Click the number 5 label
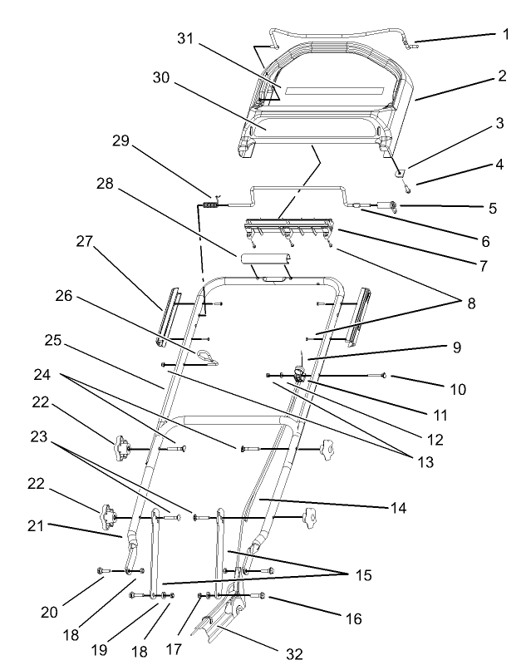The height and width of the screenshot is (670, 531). click(494, 208)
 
